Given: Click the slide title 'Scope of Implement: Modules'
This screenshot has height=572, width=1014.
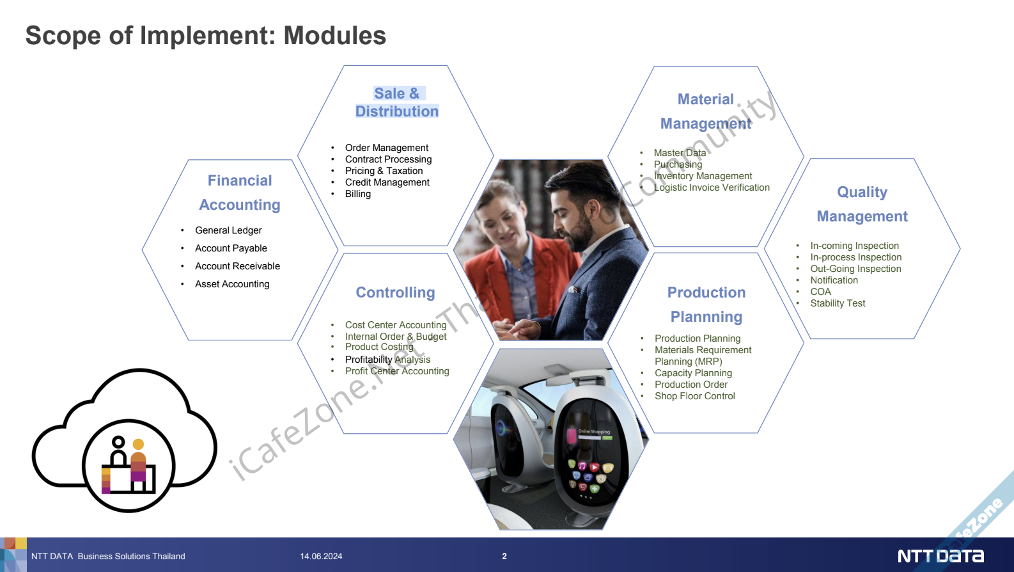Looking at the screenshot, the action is pyautogui.click(x=205, y=36).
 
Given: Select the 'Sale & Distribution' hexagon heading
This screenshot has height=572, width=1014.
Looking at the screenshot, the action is pyautogui.click(x=397, y=102).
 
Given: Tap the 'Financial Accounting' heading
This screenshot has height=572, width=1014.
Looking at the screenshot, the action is pyautogui.click(x=240, y=193).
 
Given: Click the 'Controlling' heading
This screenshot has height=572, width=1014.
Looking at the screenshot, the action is pyautogui.click(x=395, y=292).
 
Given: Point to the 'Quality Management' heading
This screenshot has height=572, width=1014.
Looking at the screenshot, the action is pyautogui.click(x=862, y=204).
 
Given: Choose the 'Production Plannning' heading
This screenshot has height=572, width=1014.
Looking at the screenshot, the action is pyautogui.click(x=706, y=305).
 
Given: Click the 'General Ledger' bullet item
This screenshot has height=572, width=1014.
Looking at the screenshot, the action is pyautogui.click(x=228, y=230).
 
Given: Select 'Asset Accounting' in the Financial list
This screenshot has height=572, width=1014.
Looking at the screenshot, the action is pyautogui.click(x=232, y=284).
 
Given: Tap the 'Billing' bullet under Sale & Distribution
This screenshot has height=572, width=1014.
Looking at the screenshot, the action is pyautogui.click(x=357, y=194).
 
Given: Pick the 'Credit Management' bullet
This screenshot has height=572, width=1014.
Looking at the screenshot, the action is pyautogui.click(x=387, y=182).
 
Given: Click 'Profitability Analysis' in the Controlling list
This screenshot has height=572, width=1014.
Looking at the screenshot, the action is pyautogui.click(x=387, y=359).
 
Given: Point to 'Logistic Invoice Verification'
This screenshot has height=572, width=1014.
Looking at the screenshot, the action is pyautogui.click(x=712, y=187).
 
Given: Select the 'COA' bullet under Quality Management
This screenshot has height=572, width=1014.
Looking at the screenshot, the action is pyautogui.click(x=820, y=292).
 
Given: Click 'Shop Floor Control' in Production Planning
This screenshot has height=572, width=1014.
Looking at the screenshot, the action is pyautogui.click(x=694, y=396).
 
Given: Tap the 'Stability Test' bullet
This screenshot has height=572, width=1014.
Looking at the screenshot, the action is pyautogui.click(x=838, y=303).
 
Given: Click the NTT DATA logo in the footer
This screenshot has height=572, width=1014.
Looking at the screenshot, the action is pyautogui.click(x=940, y=556).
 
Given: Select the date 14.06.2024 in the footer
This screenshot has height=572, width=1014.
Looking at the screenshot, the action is pyautogui.click(x=321, y=556).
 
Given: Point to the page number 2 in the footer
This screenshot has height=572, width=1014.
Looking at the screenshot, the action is pyautogui.click(x=504, y=556).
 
